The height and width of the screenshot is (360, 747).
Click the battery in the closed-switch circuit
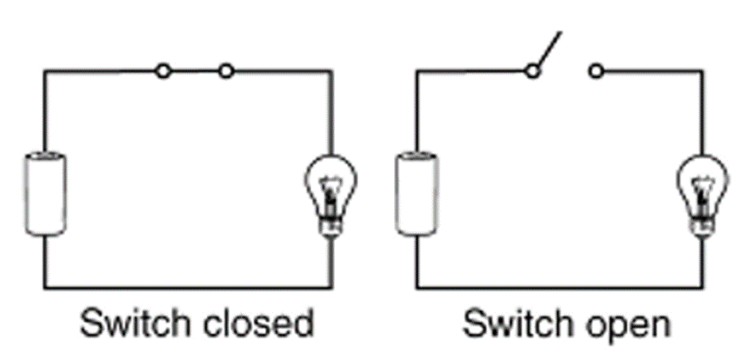pyautogui.click(x=46, y=193)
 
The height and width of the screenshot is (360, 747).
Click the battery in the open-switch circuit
pyautogui.click(x=417, y=193)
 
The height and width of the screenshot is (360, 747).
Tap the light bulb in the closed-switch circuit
pyautogui.click(x=330, y=194)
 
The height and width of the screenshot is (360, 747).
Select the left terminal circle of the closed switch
pyautogui.click(x=163, y=71)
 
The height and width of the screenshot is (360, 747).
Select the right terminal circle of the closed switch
pyautogui.click(x=226, y=71)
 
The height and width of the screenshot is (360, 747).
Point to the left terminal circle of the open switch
pyautogui.click(x=532, y=71)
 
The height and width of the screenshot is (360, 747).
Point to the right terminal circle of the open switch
pyautogui.click(x=596, y=71)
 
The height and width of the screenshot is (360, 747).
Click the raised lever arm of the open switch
pyautogui.click(x=549, y=49)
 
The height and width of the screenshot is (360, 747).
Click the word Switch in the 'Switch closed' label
pyautogui.click(x=136, y=323)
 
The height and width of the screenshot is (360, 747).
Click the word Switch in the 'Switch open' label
pyautogui.click(x=517, y=323)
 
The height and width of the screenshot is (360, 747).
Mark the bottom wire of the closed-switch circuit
pyautogui.click(x=188, y=288)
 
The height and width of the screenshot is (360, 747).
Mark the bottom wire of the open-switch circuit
pyautogui.click(x=559, y=288)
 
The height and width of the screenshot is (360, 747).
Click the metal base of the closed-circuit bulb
pyautogui.click(x=330, y=227)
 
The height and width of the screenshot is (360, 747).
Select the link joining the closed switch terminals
pyautogui.click(x=195, y=71)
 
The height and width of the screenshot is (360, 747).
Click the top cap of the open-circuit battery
pyautogui.click(x=417, y=156)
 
